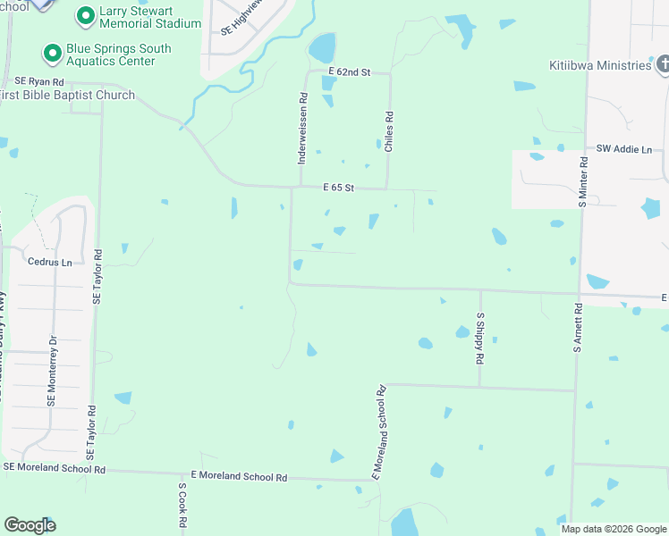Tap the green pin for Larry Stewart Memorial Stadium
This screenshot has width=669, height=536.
tap(86, 15)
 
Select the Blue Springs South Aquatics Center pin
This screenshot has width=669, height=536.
tap(52, 54)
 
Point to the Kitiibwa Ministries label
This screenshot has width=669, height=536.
tap(600, 65)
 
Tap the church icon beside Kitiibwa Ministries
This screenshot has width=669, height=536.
tap(664, 64)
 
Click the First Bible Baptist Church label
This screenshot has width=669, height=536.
tap(68, 96)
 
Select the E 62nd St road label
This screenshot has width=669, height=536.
tap(349, 71)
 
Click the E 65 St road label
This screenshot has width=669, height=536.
tap(340, 188)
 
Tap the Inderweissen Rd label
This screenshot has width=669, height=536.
tap(303, 129)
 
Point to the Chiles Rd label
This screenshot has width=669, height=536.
tap(389, 131)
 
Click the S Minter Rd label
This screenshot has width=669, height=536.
tap(582, 183)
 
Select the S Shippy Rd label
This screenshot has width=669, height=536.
tap(480, 338)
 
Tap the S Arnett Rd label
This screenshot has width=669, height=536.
tap(578, 328)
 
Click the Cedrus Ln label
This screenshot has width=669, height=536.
tap(50, 263)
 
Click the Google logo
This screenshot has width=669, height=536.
tap(30, 525)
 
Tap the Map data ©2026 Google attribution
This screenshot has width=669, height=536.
tap(613, 529)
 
